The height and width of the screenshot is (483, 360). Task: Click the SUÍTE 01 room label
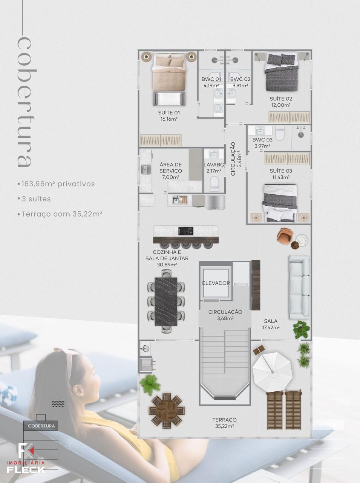point(169,113)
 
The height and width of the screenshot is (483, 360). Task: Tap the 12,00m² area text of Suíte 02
point(281,105)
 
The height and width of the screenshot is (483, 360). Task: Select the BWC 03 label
point(262,140)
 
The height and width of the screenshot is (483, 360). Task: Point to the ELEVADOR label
point(216,283)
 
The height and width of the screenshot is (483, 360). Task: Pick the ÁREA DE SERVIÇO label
point(171,168)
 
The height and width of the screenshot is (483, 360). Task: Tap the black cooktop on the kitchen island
point(186,231)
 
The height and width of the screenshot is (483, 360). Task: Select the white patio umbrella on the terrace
point(272,372)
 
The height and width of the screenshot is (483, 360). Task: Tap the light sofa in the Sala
point(299,288)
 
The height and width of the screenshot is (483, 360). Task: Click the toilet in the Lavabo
point(214,184)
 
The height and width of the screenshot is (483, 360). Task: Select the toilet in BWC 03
point(280,133)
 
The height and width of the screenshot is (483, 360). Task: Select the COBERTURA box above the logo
point(41,426)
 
